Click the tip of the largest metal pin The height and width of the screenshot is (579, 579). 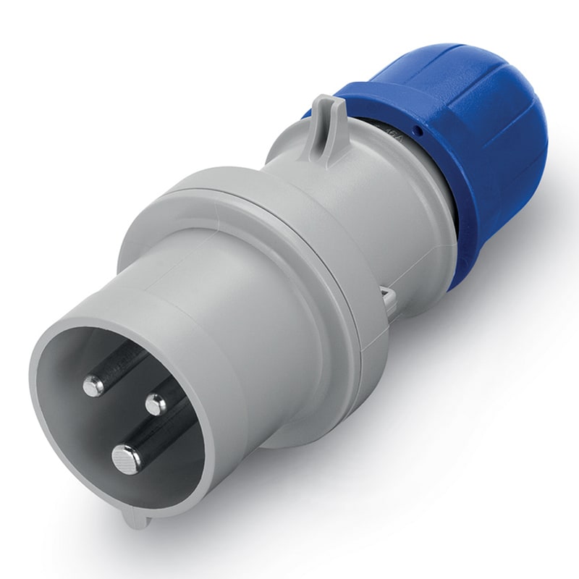126,457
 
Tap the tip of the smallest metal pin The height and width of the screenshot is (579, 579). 155,405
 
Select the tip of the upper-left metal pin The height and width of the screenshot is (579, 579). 93,385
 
